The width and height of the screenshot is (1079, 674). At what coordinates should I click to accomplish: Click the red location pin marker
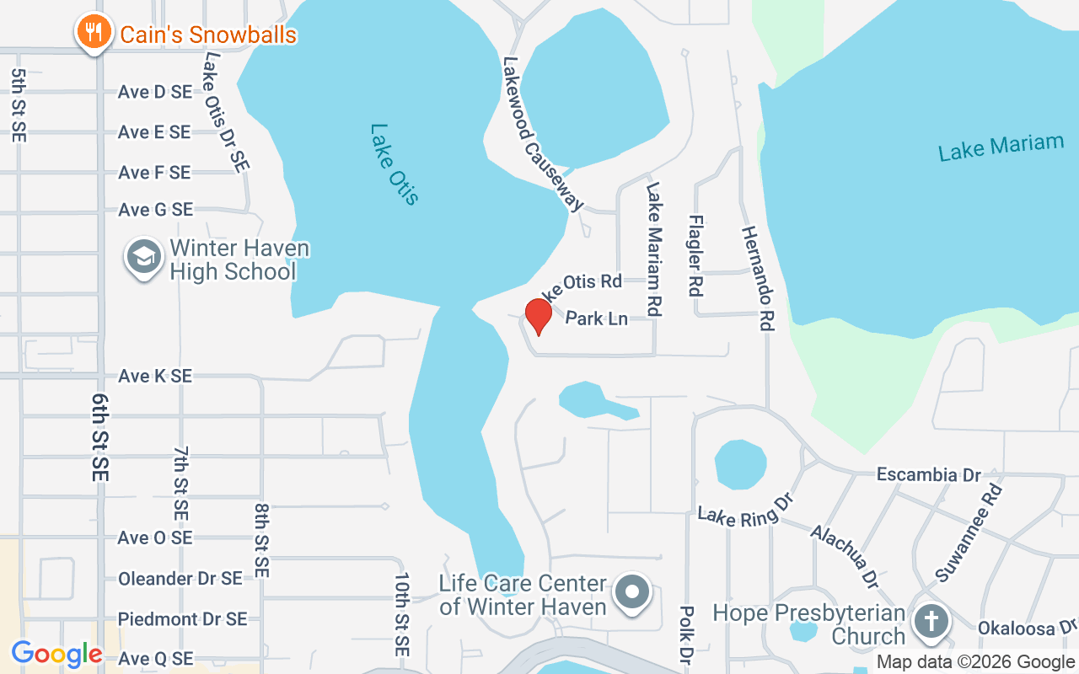coord(538,316)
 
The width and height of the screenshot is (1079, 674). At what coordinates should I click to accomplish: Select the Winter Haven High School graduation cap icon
coord(144,257)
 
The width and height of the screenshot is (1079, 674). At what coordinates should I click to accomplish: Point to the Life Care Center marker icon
coord(631,593)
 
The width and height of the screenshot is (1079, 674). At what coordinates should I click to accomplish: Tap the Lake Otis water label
coord(394,164)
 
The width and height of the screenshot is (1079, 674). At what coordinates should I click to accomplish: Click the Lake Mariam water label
coord(1001,147)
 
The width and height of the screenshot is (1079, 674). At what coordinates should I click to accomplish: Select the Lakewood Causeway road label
coord(543,134)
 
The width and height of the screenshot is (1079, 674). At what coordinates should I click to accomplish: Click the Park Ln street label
coord(596,318)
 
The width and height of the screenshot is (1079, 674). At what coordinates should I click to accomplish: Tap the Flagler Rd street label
coord(695,255)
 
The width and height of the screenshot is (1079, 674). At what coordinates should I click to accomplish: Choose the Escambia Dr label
coord(928,475)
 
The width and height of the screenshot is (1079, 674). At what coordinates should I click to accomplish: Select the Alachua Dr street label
coord(844,556)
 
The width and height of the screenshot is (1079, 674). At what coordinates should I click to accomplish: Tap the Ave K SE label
coord(155,376)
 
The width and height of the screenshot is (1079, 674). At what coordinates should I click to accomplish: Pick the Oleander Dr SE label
coord(180,579)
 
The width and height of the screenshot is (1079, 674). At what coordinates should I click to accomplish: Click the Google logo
coord(56,654)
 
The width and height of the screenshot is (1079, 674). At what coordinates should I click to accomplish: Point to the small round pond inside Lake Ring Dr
coord(740,464)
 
